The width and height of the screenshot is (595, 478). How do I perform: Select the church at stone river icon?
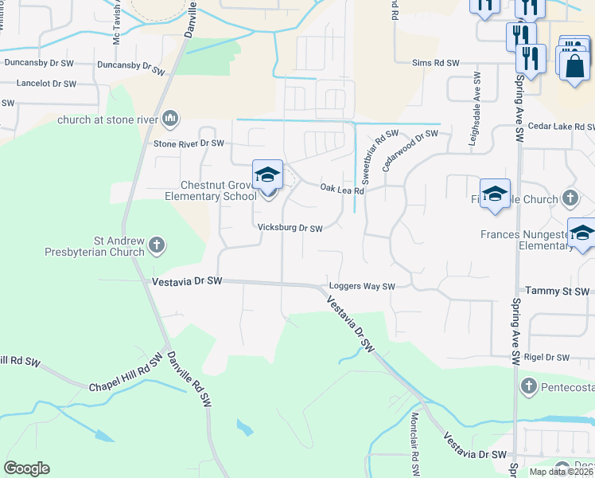169,120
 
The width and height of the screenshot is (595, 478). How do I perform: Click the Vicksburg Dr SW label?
290,229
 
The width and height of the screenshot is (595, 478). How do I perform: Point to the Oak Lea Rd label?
342,190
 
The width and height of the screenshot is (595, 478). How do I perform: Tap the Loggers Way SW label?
362,287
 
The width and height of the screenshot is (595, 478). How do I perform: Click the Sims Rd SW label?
436,63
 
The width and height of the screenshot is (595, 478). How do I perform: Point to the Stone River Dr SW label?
189,144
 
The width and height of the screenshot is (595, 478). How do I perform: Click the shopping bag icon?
574,66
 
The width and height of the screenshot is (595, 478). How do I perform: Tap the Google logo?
26,468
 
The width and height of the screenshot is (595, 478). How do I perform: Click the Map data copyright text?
560,472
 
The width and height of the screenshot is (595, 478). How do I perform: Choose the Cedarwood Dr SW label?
410,147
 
